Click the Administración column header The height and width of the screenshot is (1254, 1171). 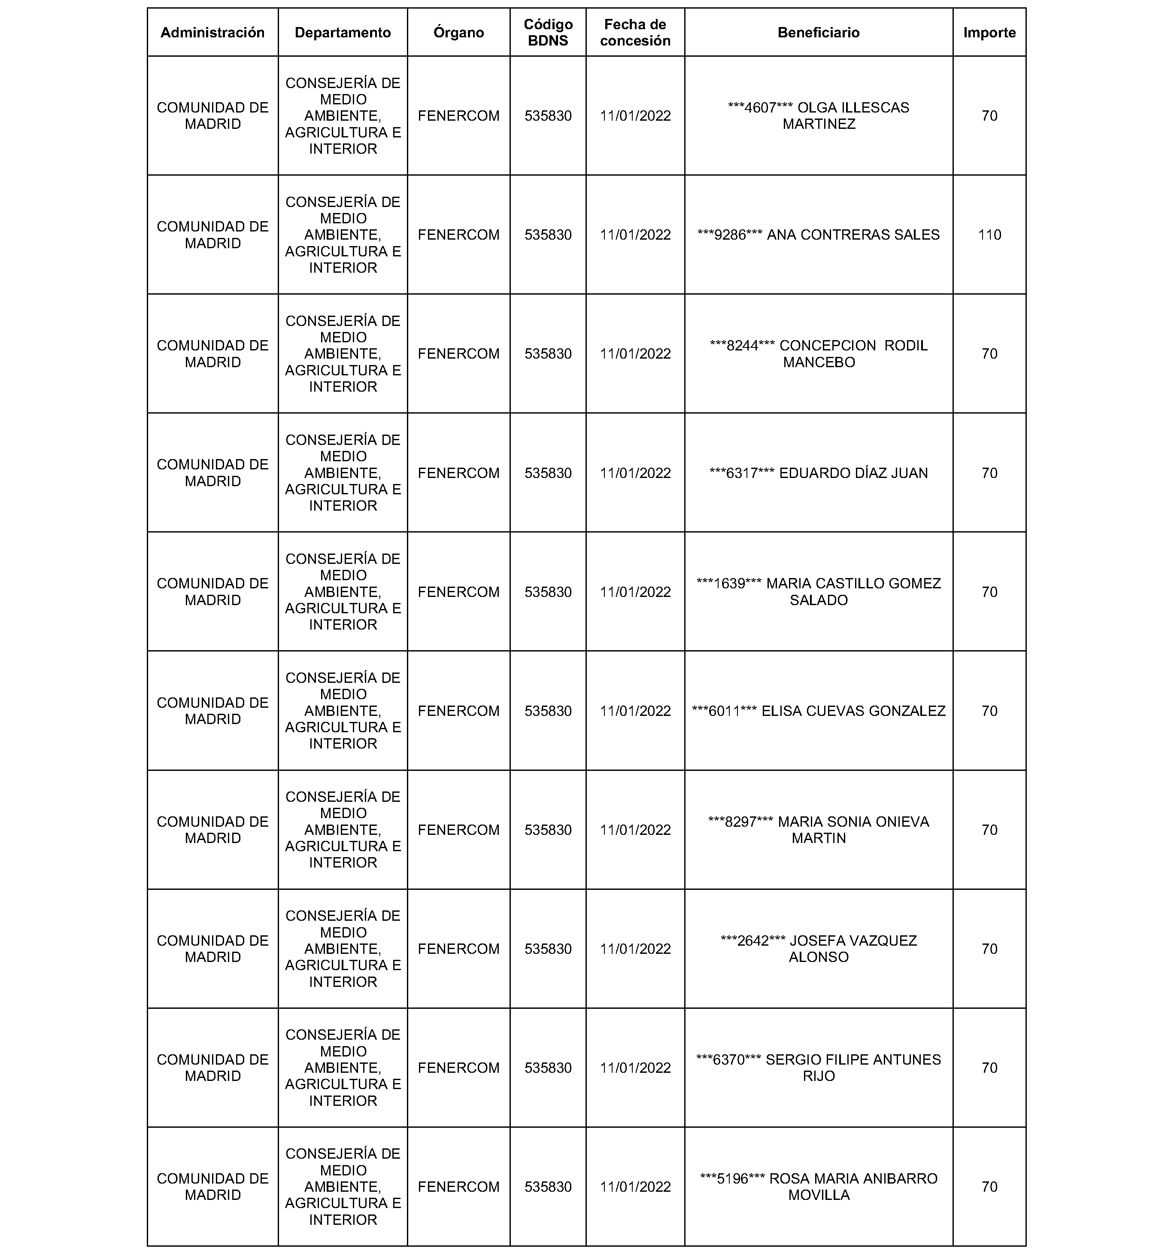click(x=212, y=33)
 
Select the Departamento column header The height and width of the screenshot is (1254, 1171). click(x=343, y=33)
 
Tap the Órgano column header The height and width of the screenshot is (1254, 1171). click(x=458, y=33)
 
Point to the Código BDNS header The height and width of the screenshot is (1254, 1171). click(x=548, y=33)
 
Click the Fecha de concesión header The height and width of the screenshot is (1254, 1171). click(x=635, y=33)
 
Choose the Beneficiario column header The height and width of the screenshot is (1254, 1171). click(x=819, y=33)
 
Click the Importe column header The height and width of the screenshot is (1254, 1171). click(x=989, y=33)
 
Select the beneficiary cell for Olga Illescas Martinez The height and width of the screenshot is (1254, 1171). click(x=819, y=116)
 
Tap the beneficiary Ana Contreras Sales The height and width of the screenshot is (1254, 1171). click(x=819, y=234)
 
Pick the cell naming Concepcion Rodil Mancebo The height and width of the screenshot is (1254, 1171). click(x=819, y=354)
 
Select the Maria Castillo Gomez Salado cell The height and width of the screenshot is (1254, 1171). click(x=819, y=592)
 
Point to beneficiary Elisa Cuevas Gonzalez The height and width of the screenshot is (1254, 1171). click(x=819, y=711)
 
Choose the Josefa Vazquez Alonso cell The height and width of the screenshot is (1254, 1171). click(x=819, y=949)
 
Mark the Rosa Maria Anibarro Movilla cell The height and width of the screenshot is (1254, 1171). click(x=819, y=1187)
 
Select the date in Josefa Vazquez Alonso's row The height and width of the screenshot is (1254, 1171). click(x=635, y=949)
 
